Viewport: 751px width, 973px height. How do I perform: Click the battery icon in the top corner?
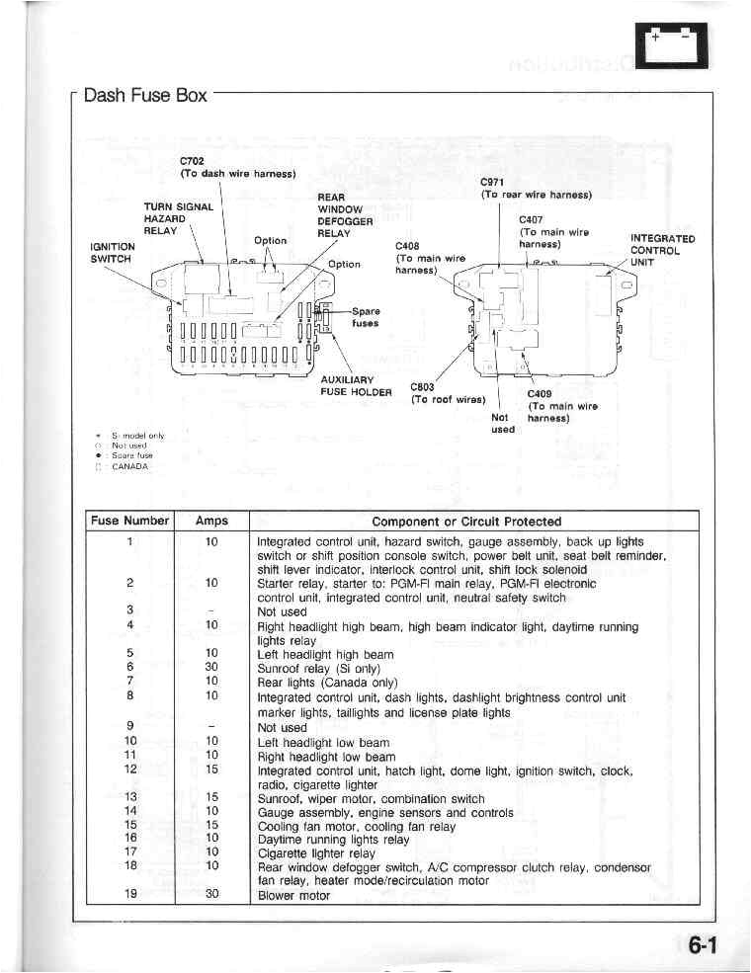tap(672, 45)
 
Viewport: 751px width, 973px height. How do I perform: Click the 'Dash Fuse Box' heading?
tap(145, 96)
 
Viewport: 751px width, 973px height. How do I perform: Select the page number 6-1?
tap(702, 945)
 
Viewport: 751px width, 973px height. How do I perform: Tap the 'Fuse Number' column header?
tap(130, 521)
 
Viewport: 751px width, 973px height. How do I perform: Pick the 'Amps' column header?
tap(211, 521)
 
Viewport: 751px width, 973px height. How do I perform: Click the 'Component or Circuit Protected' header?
tap(466, 521)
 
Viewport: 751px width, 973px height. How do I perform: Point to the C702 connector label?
tap(192, 161)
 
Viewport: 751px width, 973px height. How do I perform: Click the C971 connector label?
tap(492, 182)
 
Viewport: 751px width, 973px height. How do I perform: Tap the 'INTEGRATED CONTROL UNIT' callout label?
tap(662, 250)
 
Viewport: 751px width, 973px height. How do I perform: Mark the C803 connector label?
tap(422, 387)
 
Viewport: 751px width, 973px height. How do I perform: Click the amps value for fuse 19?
tap(211, 896)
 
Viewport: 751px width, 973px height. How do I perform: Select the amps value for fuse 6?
tap(211, 667)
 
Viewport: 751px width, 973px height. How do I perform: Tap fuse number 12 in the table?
tap(130, 769)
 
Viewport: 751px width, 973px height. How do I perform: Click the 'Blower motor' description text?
tap(293, 896)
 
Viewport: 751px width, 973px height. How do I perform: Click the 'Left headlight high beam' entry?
tap(325, 654)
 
